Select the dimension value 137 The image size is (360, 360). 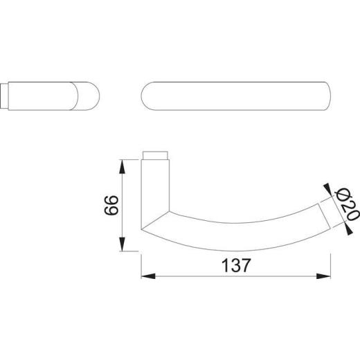point(234,265)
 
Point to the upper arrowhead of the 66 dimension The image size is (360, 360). point(123,165)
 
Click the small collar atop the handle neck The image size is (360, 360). point(156,154)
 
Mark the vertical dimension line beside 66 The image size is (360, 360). point(123,206)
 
